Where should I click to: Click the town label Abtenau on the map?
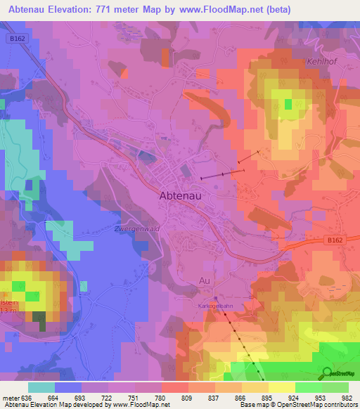[181, 197]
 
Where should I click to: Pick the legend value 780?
[161, 397]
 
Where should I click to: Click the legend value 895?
[267, 397]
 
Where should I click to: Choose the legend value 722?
[108, 397]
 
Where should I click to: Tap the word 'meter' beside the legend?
[10, 397]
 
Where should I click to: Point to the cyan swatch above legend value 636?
[41, 387]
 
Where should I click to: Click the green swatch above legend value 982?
[335, 387]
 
